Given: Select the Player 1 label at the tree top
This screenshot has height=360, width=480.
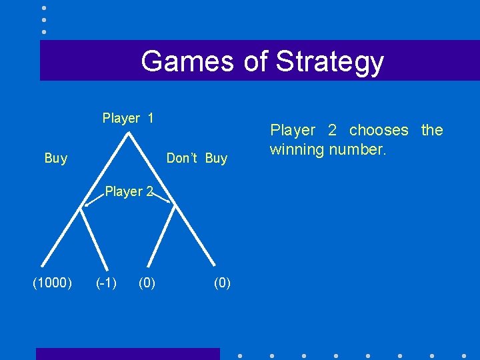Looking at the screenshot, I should [x=128, y=119].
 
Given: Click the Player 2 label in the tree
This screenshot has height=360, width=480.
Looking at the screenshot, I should [x=129, y=192].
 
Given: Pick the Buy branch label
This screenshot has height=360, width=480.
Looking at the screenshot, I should [x=56, y=158].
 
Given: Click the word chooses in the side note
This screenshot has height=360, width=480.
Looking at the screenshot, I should [x=379, y=130].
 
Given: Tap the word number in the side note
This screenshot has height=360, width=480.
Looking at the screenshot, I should [x=359, y=149].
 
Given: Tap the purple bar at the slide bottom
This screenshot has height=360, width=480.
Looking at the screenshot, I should [x=127, y=354].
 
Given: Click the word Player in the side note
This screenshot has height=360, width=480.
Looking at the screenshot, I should [x=292, y=130].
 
